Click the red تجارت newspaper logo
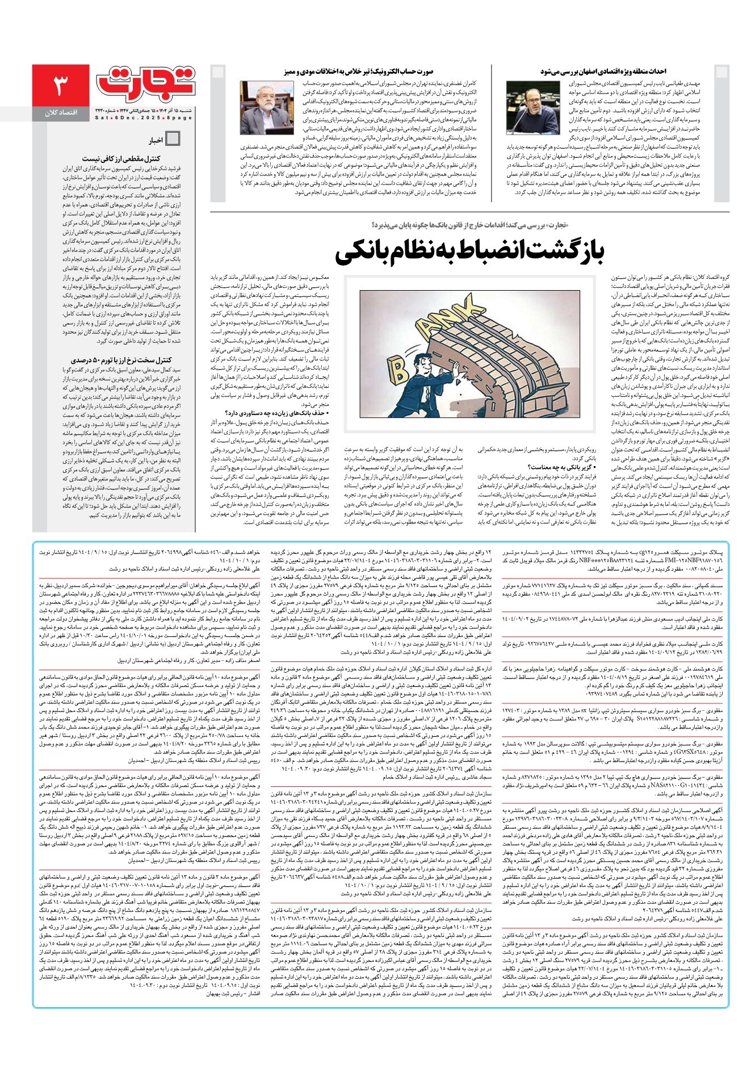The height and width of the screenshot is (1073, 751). pyautogui.click(x=146, y=84)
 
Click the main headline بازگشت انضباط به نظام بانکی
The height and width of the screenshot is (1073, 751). pyautogui.click(x=471, y=252)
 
